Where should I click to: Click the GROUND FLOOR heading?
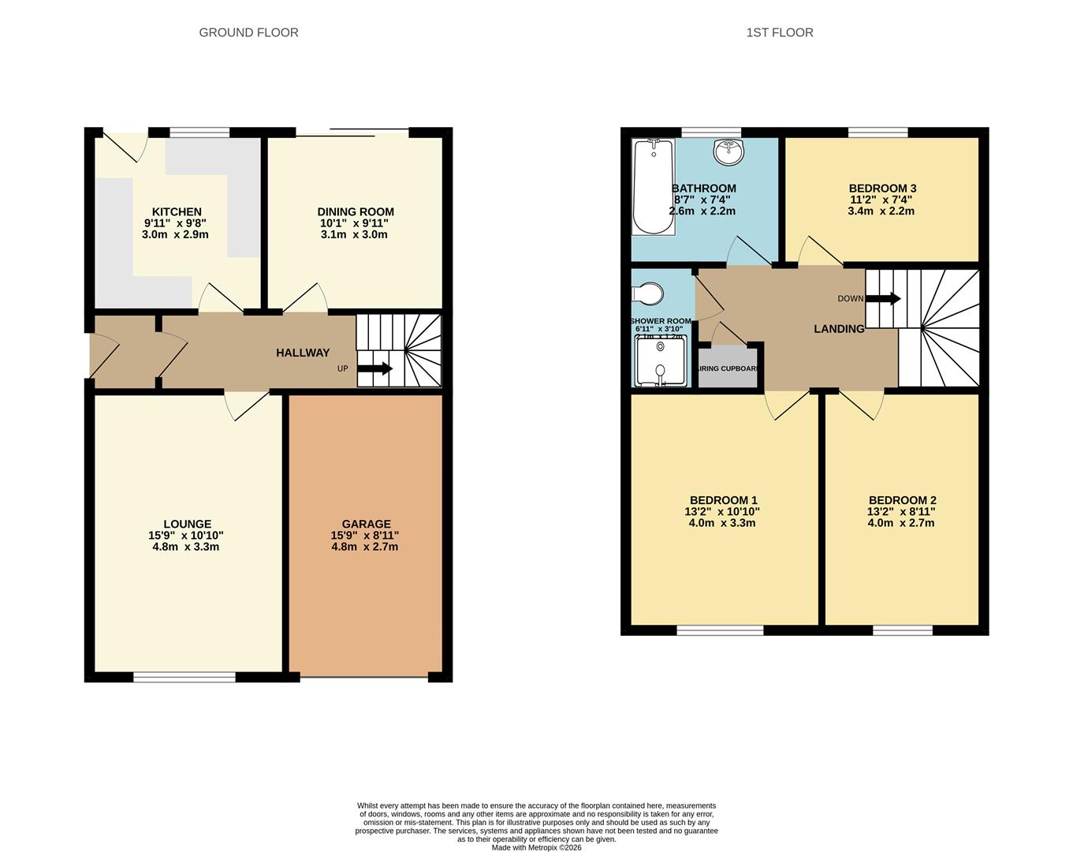248,32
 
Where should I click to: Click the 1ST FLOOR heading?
779,32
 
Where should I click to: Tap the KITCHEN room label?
177,211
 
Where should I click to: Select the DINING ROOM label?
356,211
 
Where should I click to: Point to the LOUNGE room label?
187,524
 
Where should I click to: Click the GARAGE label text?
366,524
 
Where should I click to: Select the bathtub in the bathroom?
653,187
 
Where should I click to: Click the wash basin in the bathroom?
728,152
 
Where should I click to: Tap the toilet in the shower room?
650,294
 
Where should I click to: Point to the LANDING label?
839,329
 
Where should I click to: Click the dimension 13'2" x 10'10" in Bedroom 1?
722,511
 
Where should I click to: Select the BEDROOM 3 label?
882,188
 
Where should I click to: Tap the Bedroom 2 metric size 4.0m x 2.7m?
901,522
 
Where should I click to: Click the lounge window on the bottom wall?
184,676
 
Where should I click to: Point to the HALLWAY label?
303,353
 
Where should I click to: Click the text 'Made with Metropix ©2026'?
536,847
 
